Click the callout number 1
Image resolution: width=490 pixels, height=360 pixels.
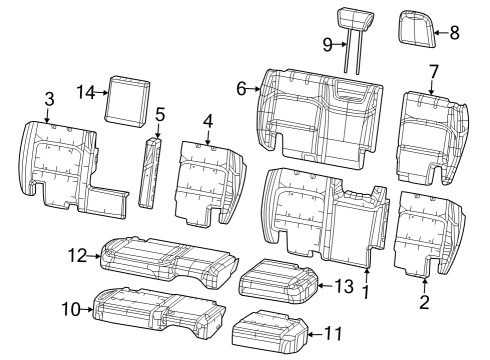pyautogui.click(x=367, y=292)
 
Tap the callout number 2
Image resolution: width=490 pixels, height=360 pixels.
pyautogui.click(x=424, y=301)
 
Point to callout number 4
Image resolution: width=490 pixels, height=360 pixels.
pyautogui.click(x=207, y=122)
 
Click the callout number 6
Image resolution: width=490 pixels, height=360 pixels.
pyautogui.click(x=242, y=89)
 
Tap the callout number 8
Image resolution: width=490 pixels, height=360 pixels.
pyautogui.click(x=454, y=33)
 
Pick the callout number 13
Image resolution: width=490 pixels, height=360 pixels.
pyautogui.click(x=343, y=287)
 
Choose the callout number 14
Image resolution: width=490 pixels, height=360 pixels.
pyautogui.click(x=87, y=92)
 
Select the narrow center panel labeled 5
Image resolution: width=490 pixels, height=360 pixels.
pyautogui.click(x=153, y=172)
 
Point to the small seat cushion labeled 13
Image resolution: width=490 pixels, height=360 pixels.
pyautogui.click(x=278, y=279)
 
